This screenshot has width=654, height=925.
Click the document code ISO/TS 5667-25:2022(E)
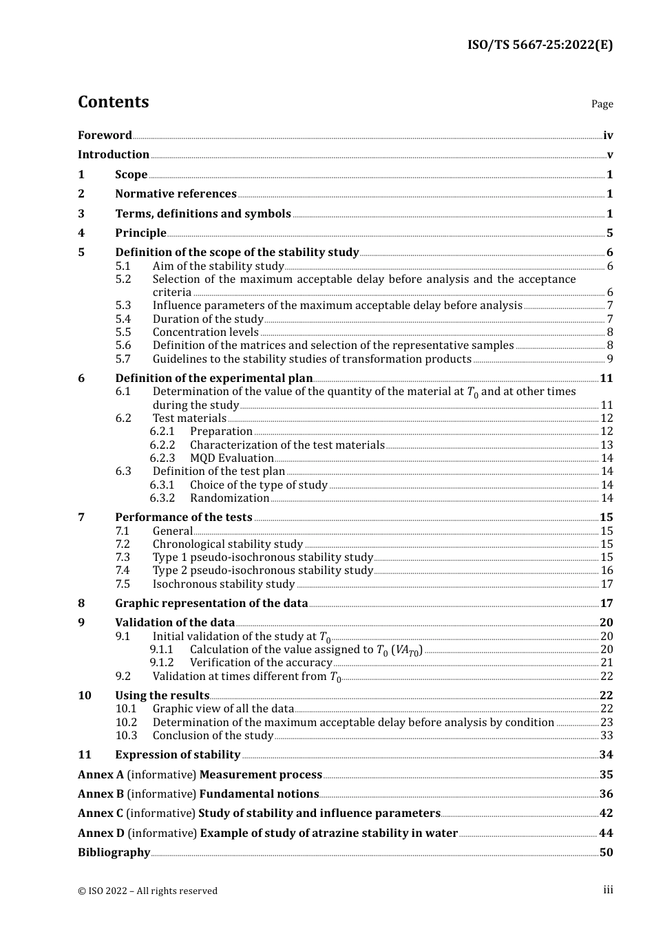540,45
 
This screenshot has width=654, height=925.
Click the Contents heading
113,102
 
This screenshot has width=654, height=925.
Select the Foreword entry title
105,136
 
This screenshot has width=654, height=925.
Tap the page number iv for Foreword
608,136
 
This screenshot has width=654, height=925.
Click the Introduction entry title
114,155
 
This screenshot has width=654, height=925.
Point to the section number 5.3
123,306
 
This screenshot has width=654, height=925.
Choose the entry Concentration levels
205,332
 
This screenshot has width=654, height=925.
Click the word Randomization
229,498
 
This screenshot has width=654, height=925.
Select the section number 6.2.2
162,445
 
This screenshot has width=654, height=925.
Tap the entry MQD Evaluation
231,458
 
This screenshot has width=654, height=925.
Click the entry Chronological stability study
227,544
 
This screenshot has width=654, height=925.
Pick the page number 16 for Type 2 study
606,571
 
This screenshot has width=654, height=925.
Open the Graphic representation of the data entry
211,604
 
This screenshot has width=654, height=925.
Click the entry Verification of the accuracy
261,663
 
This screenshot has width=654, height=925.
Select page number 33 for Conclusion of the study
606,736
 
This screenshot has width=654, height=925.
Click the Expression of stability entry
178,755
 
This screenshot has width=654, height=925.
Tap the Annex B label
101,794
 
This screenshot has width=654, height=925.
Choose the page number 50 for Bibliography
606,853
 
